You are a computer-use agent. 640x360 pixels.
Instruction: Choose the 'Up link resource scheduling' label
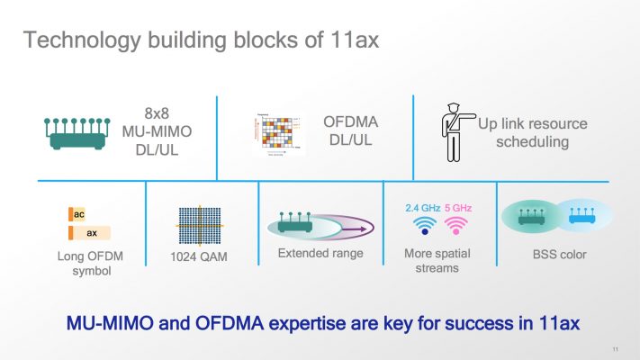click(544, 132)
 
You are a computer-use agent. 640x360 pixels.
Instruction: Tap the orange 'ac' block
click(78, 215)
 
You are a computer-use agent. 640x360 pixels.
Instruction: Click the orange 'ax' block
click(90, 233)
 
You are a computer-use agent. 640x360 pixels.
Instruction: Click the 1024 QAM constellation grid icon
click(201, 225)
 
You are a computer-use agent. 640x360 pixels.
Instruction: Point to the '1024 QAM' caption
click(201, 257)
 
